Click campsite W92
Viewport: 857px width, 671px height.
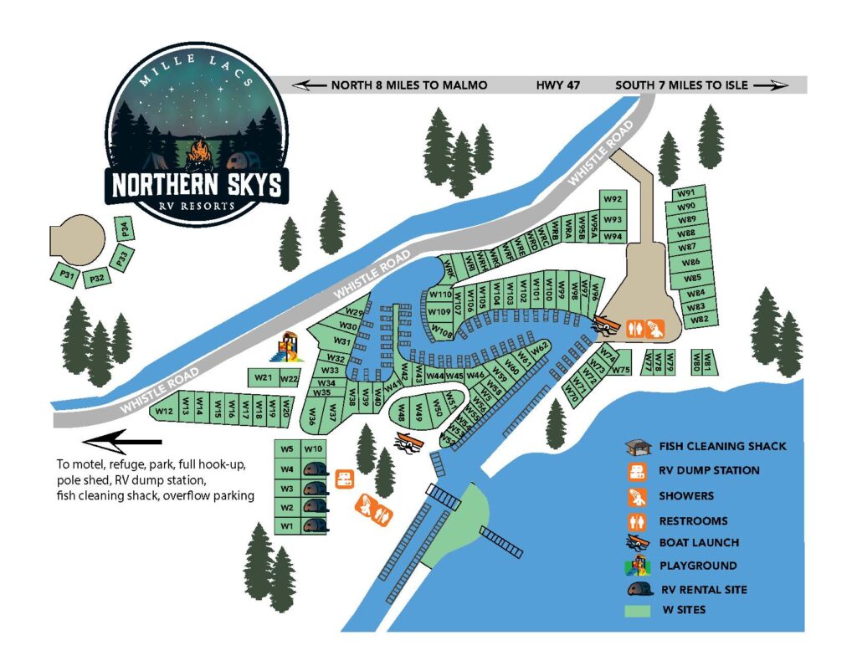point(613,199)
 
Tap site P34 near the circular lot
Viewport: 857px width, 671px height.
point(123,228)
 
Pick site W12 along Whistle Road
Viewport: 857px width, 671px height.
point(164,411)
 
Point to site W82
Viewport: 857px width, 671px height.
point(700,319)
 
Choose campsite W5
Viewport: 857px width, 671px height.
point(288,448)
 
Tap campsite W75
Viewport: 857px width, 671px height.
point(620,370)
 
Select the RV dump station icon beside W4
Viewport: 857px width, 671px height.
point(343,479)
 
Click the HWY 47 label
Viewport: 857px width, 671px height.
point(557,85)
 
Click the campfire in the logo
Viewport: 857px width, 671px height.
point(198,153)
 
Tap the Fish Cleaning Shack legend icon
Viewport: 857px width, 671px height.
point(639,446)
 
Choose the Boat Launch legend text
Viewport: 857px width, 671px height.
point(699,543)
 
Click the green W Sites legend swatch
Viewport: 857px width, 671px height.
point(639,611)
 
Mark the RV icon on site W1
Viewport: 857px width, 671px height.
point(314,525)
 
